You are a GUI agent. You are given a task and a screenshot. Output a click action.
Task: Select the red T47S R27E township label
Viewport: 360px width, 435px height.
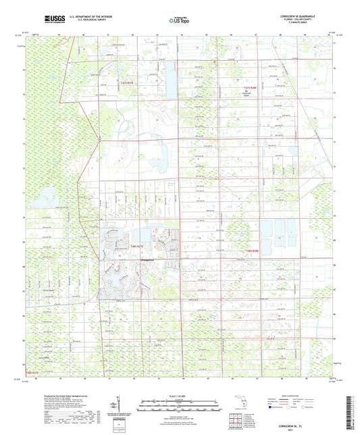(x=127, y=82)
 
